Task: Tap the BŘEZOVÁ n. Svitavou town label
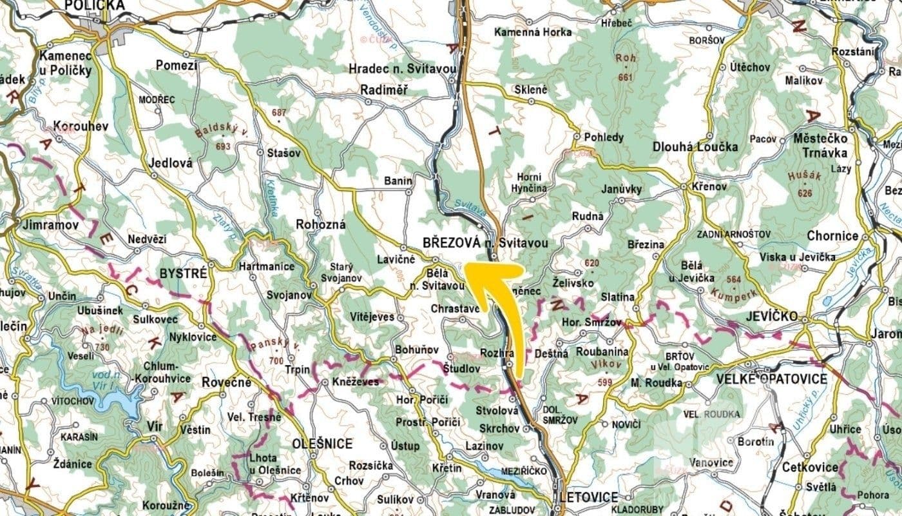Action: (x=486, y=243)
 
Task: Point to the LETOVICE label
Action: (x=589, y=497)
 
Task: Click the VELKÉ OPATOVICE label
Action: (x=771, y=379)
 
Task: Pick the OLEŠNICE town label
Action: (x=322, y=444)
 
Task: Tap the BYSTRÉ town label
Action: (x=185, y=273)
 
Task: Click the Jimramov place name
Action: (x=50, y=225)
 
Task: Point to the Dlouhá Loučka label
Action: (x=695, y=146)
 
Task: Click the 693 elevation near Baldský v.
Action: (x=224, y=146)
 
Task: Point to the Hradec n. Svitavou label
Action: (x=402, y=69)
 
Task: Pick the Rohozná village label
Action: (x=321, y=224)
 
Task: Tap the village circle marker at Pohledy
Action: (x=577, y=137)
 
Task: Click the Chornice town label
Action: (x=832, y=236)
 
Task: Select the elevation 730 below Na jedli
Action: (x=102, y=346)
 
